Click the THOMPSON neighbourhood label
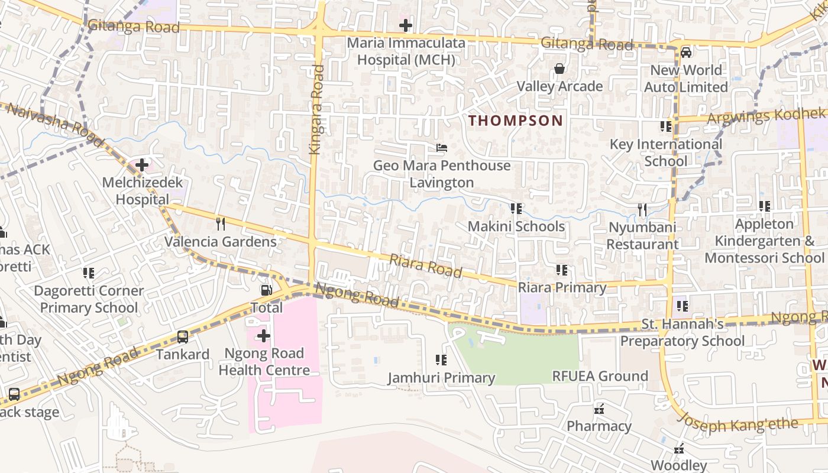(516, 121)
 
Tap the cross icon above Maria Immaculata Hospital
(406, 25)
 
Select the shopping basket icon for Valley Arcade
(559, 69)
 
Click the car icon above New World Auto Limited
(686, 53)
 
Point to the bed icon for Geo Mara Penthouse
(442, 148)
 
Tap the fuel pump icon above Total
(267, 290)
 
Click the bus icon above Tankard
(183, 337)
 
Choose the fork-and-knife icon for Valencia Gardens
(221, 223)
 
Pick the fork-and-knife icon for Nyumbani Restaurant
(642, 209)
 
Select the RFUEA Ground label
(600, 376)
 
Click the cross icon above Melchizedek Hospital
(142, 165)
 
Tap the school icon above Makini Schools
(516, 209)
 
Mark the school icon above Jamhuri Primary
(441, 359)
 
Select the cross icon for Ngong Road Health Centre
(264, 336)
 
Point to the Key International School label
(666, 153)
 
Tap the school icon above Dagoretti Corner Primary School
(89, 273)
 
